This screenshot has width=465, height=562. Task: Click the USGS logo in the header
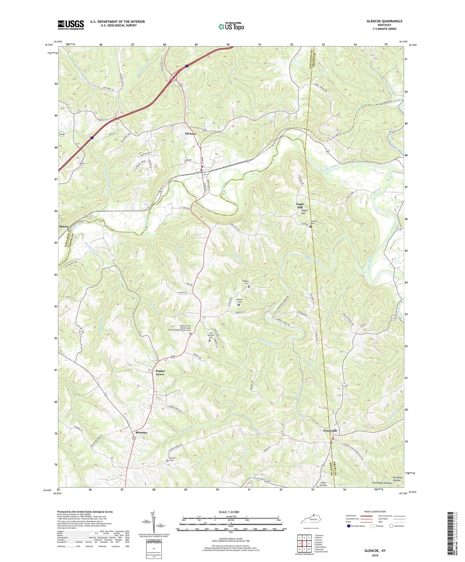[x=71, y=25]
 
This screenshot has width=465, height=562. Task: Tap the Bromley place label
[x=141, y=432]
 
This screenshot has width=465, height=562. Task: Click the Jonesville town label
[x=330, y=431]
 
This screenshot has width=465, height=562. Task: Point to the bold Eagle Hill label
[x=300, y=206]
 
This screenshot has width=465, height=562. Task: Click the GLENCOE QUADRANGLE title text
[x=384, y=21]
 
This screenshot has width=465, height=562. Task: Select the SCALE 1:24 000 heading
[x=231, y=512]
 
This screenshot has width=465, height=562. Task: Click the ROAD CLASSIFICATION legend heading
[x=375, y=511]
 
